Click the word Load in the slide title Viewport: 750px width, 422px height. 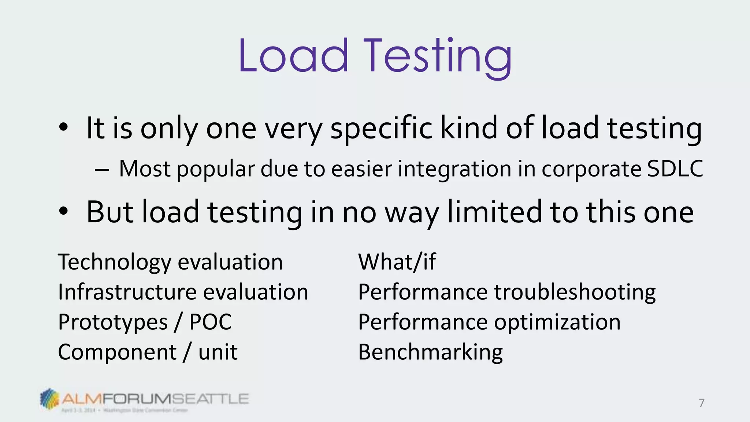[293, 56]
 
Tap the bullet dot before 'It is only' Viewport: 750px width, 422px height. [63, 127]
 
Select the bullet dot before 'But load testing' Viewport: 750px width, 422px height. [63, 211]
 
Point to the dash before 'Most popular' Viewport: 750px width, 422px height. [101, 170]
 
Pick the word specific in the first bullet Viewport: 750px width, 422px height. [381, 128]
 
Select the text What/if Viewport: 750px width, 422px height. [397, 262]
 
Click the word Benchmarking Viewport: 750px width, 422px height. [430, 352]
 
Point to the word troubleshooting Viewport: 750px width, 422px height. [575, 292]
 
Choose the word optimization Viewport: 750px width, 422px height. [557, 322]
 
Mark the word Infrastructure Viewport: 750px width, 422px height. [127, 292]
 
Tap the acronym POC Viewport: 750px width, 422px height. [211, 322]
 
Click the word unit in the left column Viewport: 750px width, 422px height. [218, 352]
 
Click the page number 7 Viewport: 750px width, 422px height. [702, 403]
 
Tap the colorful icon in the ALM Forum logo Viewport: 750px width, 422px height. [49, 398]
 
